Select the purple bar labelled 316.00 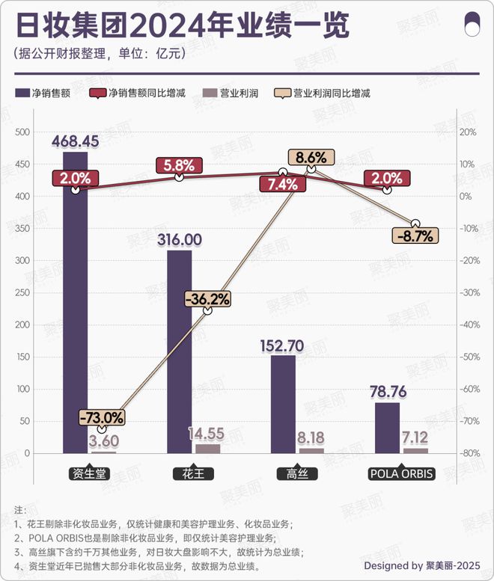(x=179, y=351)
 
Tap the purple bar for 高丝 (x=283, y=404)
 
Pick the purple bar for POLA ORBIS (x=387, y=428)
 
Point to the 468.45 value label (x=76, y=141)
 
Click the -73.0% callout (x=102, y=417)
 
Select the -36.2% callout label (x=208, y=298)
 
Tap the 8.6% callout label (x=311, y=158)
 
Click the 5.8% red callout (x=179, y=165)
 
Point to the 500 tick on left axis (x=22, y=132)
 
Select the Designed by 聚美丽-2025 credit (x=424, y=565)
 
